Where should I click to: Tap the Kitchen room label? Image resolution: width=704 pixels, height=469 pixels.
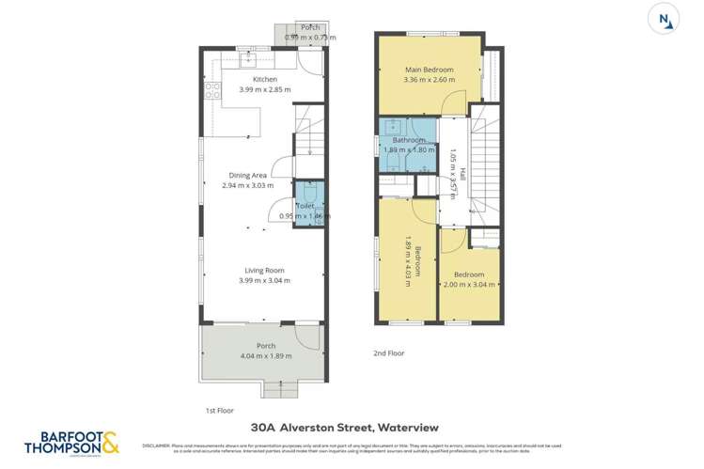coord(264,80)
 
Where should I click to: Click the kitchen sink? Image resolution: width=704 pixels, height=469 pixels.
coord(250,62)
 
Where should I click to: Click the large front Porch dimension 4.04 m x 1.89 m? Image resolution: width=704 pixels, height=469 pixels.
coord(264,356)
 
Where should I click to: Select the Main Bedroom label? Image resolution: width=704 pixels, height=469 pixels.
coord(430,70)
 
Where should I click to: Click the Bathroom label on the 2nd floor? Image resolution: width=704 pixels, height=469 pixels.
coord(409,140)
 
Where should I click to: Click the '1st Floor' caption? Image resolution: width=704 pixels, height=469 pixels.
coord(220,411)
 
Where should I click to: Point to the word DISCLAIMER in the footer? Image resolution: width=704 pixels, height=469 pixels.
coord(156,445)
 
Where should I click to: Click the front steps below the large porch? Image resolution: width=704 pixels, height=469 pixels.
coord(276,388)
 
